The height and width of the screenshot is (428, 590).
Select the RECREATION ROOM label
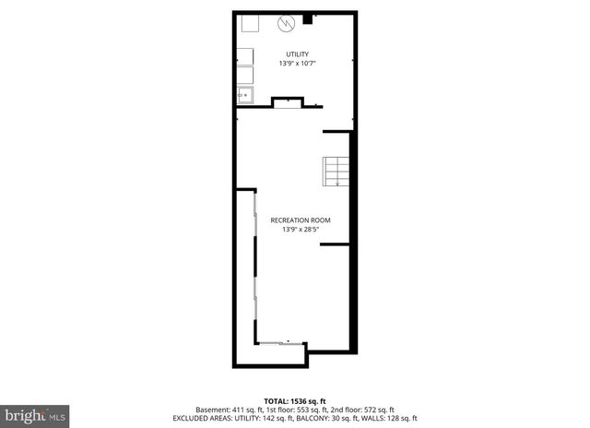pos(300,220)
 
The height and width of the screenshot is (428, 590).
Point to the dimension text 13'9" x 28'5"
pos(300,230)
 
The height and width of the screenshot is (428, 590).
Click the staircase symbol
pos(336,171)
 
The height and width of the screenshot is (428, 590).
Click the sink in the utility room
pos(245,94)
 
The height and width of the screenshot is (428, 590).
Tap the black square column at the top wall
pos(307,17)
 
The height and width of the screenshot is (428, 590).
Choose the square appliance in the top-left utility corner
pos(249,25)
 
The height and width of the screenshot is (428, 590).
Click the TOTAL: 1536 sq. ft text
pos(294,399)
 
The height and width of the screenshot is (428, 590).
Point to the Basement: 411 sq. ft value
pos(225,409)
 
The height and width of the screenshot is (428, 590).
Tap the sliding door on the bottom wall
pos(277,342)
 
